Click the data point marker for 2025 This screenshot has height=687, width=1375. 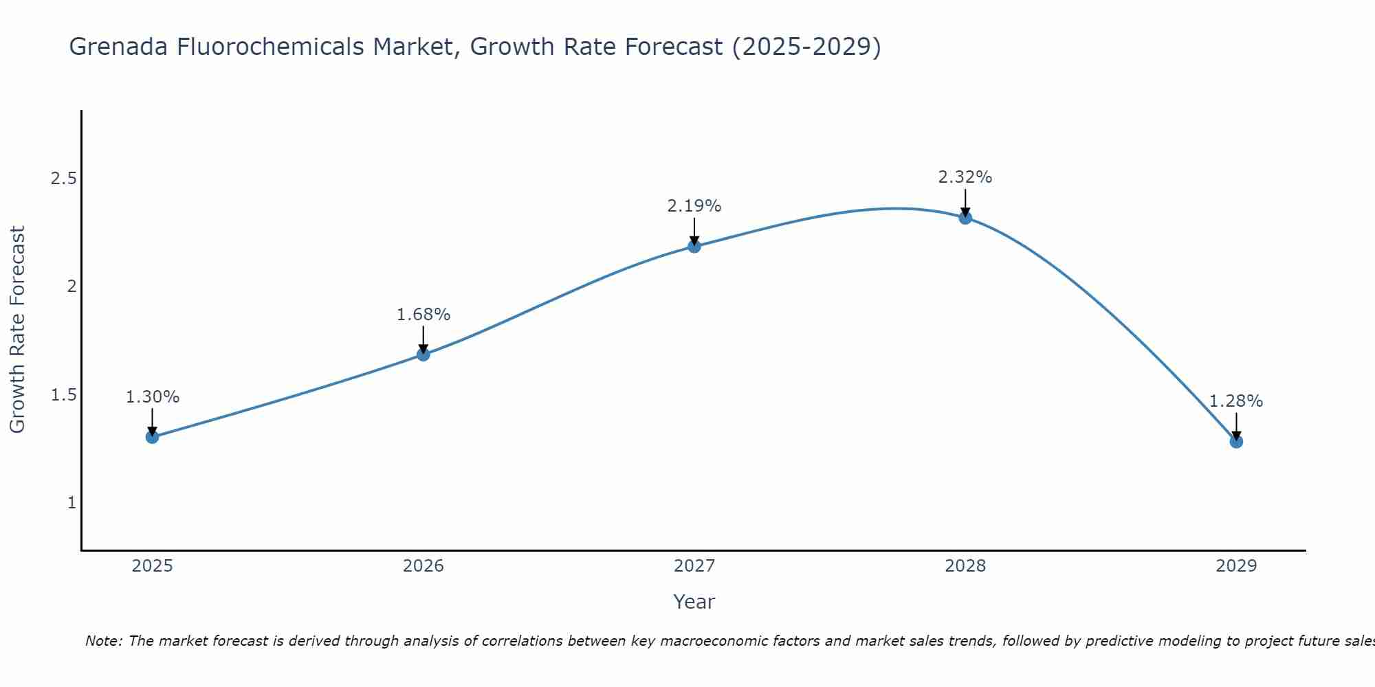click(152, 437)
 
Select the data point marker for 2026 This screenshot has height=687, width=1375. click(423, 354)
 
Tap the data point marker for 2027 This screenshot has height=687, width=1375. click(694, 246)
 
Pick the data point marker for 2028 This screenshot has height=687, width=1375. click(965, 218)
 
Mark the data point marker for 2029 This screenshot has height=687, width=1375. click(1236, 441)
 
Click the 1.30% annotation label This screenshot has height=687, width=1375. click(153, 397)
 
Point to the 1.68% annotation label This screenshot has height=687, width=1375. click(423, 315)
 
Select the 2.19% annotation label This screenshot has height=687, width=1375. click(694, 206)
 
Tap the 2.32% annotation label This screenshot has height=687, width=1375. click(965, 177)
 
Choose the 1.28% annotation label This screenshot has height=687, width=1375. click(1236, 401)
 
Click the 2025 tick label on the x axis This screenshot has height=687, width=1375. click(152, 566)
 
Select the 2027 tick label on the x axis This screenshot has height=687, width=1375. click(694, 566)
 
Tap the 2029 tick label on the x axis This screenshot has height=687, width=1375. click(1236, 566)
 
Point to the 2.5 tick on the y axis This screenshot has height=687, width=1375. click(63, 179)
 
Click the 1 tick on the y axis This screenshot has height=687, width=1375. click(71, 503)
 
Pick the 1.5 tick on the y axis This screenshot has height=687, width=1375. click(63, 395)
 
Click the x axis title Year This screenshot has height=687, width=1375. click(694, 602)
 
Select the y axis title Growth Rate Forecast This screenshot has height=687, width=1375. click(17, 330)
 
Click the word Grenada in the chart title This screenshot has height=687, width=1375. click(115, 47)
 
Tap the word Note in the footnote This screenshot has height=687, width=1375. click(103, 641)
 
